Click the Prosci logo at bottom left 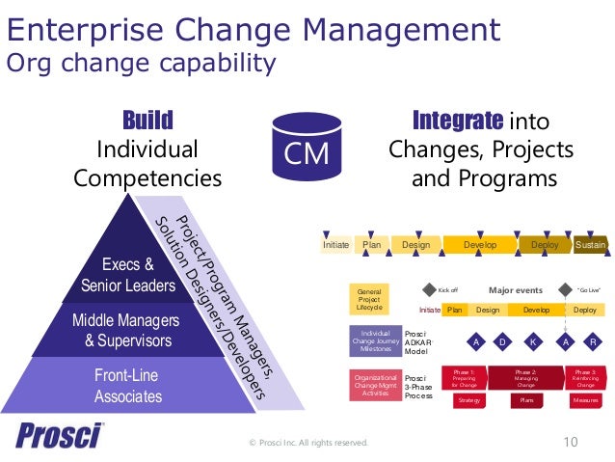(59, 435)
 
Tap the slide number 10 (570, 442)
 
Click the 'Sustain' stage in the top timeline (590, 245)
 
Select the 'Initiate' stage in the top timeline (335, 245)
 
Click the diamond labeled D (502, 341)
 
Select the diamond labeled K (532, 341)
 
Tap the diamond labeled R (593, 341)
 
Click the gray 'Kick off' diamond (430, 288)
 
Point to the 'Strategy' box (469, 399)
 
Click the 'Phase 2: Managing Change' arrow (526, 377)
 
